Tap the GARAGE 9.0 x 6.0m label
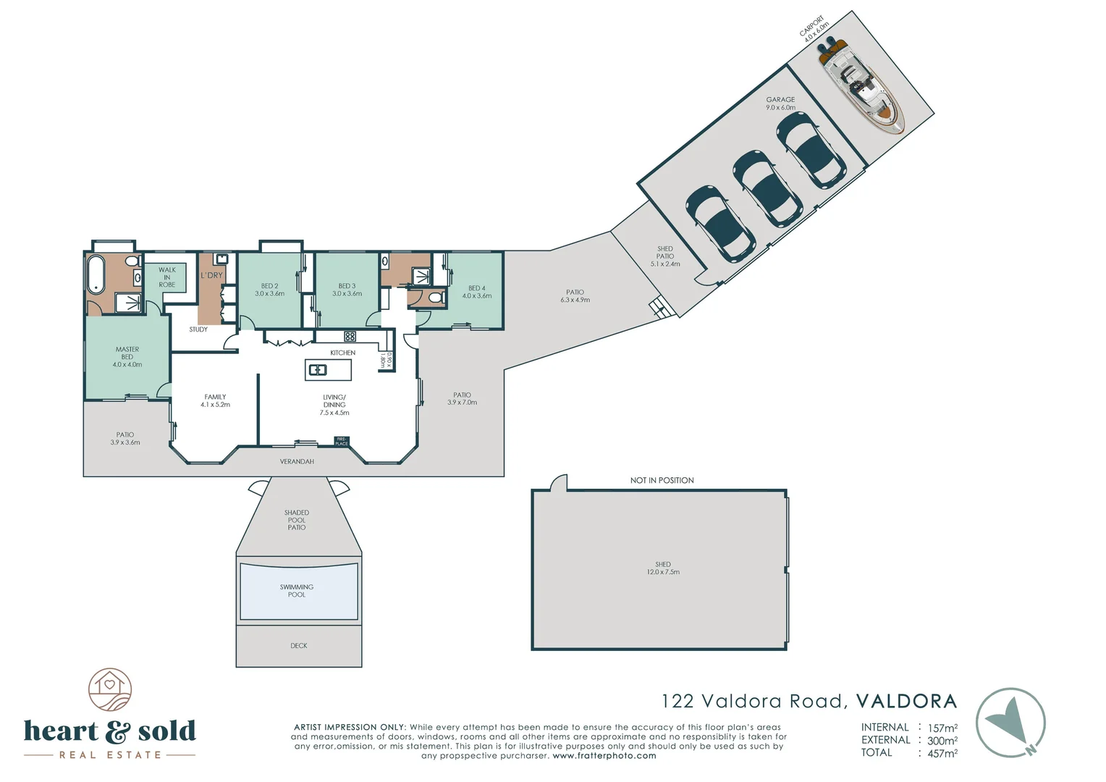[x=780, y=104]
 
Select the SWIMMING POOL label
[x=297, y=591]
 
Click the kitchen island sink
[x=318, y=370]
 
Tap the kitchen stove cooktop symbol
[x=350, y=336]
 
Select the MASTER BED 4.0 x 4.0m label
[x=127, y=357]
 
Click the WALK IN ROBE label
[x=167, y=277]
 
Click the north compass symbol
[x=1010, y=723]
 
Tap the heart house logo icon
[x=110, y=689]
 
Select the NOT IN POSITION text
[x=662, y=480]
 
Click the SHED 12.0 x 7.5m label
[x=663, y=568]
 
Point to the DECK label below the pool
[x=299, y=646]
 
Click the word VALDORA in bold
[x=906, y=701]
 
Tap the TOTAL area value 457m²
[x=942, y=753]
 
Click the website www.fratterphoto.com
[x=604, y=756]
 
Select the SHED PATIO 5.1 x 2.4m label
[x=665, y=256]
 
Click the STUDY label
[x=198, y=329]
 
